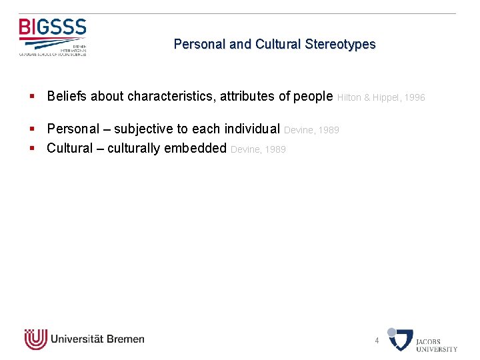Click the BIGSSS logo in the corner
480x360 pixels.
coord(53,37)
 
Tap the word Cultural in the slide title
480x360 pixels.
coord(277,45)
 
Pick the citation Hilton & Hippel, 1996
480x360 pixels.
coord(381,97)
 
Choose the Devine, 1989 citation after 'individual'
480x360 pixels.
coord(311,131)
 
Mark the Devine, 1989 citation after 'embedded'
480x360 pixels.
coord(258,149)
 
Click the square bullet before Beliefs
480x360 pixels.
coord(32,97)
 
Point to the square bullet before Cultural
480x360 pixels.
coord(32,149)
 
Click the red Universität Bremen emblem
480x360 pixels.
coord(35,339)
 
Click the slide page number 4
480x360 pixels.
coord(377,341)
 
